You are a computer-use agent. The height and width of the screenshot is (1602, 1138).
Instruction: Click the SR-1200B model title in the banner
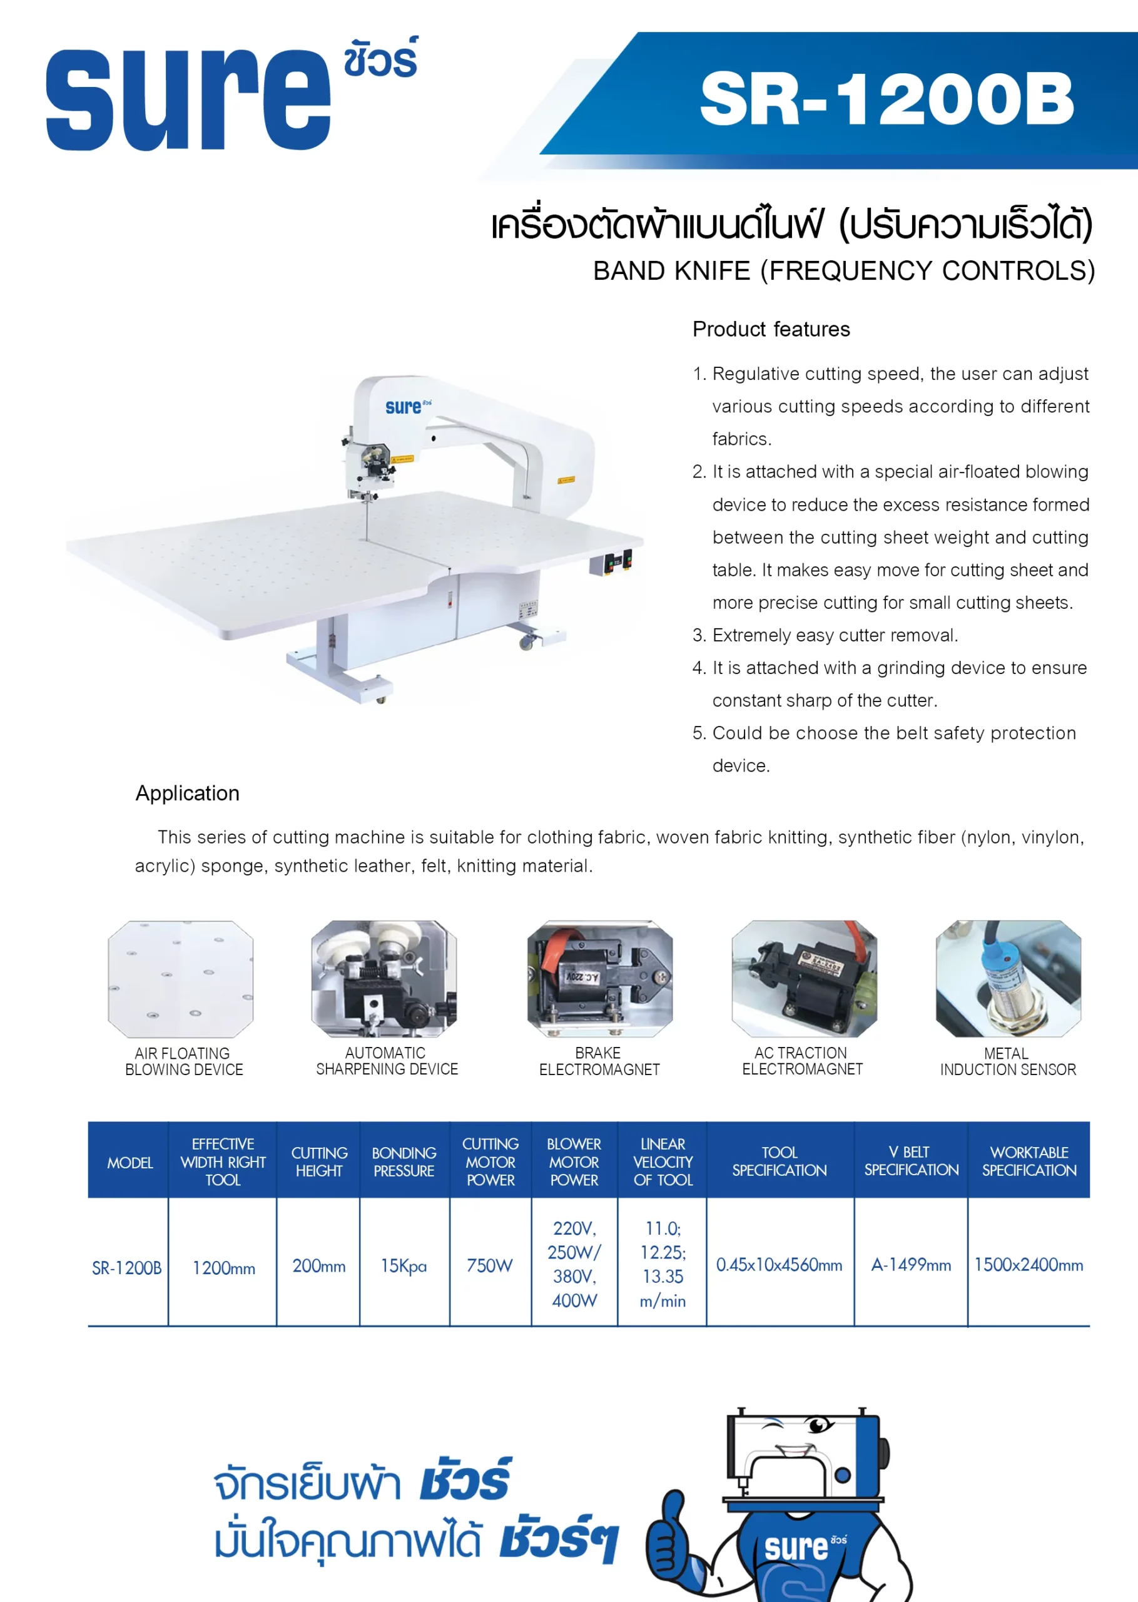tap(887, 99)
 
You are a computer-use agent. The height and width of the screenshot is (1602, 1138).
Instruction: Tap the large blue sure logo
tap(188, 99)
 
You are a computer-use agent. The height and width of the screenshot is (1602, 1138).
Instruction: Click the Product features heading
tap(771, 329)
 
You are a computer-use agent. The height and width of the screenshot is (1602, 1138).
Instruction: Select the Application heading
tap(187, 793)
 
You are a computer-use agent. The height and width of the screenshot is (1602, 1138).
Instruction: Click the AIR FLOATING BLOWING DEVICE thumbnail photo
tap(181, 978)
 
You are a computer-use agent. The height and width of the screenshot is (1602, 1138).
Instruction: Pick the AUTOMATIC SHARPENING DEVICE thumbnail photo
tap(384, 978)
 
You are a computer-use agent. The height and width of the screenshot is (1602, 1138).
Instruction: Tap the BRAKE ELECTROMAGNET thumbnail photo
tap(600, 978)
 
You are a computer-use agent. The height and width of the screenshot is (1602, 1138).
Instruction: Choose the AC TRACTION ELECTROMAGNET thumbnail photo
tap(805, 978)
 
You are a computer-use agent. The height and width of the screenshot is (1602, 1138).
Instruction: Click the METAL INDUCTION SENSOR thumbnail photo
tap(1008, 978)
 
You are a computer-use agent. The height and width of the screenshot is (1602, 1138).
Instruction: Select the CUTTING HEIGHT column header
tap(319, 1161)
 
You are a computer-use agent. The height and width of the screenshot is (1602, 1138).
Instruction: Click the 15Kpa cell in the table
tap(404, 1265)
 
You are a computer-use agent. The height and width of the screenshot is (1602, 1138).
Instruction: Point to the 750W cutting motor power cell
tap(490, 1265)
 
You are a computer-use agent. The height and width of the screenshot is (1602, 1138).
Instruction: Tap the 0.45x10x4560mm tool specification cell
tap(780, 1265)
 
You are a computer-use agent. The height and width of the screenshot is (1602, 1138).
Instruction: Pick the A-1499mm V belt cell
tap(911, 1265)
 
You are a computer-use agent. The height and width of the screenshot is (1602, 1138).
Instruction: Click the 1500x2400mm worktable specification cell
tap(1029, 1265)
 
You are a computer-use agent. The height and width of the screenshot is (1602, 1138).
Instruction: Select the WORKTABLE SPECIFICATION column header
tap(1029, 1161)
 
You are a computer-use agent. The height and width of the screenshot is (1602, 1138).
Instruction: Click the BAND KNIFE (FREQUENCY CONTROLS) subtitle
tap(844, 270)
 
